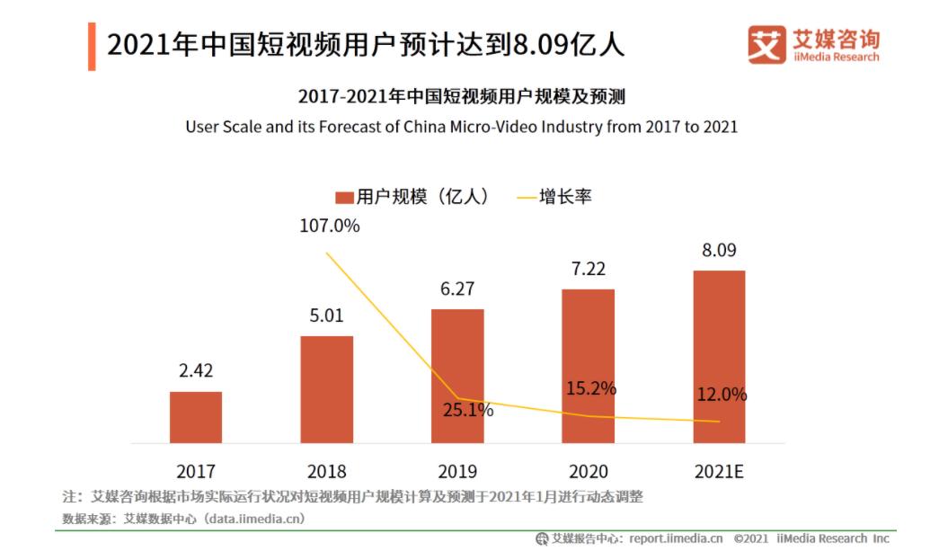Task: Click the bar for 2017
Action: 196,417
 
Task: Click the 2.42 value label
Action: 196,370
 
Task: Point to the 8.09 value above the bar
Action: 719,250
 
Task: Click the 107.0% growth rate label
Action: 330,226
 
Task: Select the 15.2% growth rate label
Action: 591,388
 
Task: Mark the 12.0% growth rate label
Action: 722,394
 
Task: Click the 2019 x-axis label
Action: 457,471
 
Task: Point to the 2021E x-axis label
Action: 719,471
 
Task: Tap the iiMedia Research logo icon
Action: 766,44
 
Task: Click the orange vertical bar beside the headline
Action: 92,46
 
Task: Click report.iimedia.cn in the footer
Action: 676,538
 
